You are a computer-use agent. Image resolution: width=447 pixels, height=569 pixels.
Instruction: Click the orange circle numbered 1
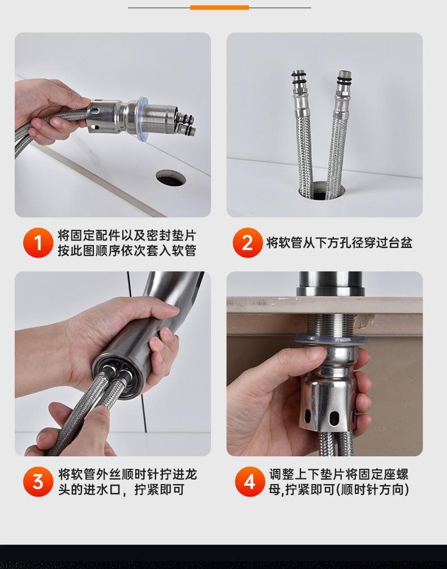click(x=38, y=243)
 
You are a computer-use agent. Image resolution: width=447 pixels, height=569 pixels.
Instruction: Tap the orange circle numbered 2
click(x=248, y=243)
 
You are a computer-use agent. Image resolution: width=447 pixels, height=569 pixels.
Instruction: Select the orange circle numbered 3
click(x=38, y=482)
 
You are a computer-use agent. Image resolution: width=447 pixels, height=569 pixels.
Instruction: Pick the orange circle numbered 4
click(x=250, y=482)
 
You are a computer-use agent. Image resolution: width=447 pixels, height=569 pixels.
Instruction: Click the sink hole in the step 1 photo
click(x=171, y=178)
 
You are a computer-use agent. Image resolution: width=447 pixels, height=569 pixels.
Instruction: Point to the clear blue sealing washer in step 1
click(x=143, y=119)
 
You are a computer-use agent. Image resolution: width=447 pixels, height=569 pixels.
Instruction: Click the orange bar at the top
click(x=220, y=7)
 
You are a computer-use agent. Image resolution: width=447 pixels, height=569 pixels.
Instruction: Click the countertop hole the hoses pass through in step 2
click(x=321, y=190)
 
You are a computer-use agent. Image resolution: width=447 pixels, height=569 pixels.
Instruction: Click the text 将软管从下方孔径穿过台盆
click(x=339, y=243)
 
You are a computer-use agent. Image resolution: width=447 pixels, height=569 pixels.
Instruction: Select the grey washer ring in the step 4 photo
click(x=330, y=339)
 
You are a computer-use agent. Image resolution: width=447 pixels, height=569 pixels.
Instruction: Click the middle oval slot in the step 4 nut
click(x=332, y=418)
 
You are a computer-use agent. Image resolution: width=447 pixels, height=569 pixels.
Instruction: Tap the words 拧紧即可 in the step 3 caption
click(x=160, y=490)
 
